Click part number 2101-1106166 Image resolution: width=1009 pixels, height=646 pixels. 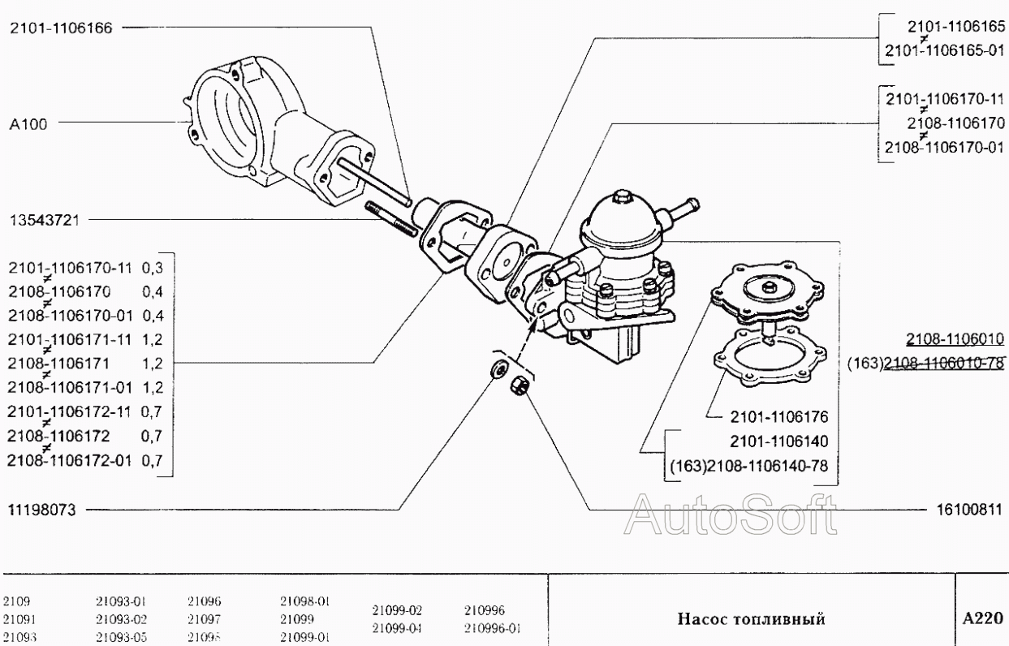(x=62, y=27)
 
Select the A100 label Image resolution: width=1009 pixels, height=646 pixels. (x=28, y=124)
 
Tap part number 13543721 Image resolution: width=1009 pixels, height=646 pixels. (x=44, y=219)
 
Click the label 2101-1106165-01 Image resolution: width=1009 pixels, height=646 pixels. (x=944, y=50)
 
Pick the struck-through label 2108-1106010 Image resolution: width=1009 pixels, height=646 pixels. (x=955, y=339)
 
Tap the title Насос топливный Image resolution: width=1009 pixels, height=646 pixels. (x=751, y=619)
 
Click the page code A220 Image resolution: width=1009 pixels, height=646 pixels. (x=982, y=618)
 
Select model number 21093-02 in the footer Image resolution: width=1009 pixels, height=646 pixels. (x=121, y=619)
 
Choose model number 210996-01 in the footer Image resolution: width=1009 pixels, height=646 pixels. (x=492, y=627)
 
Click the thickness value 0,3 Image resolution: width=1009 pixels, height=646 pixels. (x=153, y=267)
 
